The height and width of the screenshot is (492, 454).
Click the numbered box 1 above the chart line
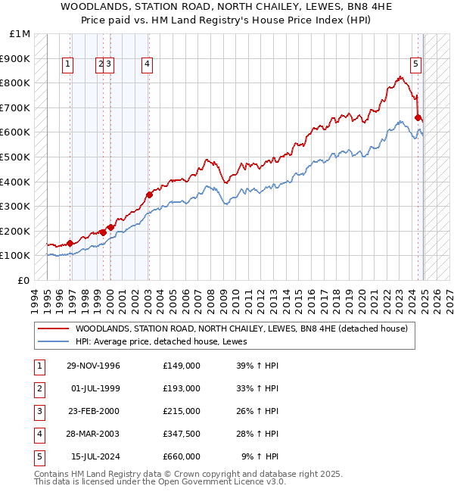point(68,64)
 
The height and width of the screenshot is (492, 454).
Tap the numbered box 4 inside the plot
point(146,64)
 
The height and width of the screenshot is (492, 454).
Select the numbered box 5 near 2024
point(416,64)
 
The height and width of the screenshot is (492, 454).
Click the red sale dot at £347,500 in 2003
point(149,195)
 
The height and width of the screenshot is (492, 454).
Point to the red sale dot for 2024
point(418,117)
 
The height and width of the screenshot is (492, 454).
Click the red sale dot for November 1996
point(70,243)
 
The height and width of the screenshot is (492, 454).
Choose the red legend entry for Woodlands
point(241,329)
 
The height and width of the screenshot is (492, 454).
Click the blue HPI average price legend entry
point(166,341)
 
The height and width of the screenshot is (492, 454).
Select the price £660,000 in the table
point(181,456)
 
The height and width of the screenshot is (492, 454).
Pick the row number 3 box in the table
point(39,411)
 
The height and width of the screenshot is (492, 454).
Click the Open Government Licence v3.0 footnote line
point(160,481)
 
